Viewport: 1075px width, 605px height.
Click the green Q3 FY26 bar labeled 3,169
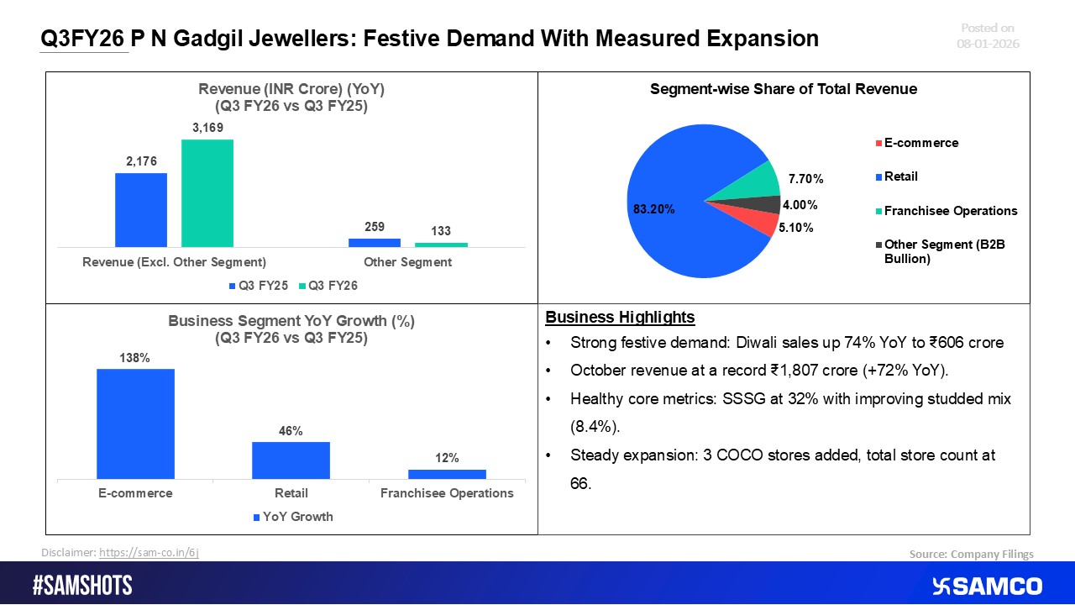click(207, 192)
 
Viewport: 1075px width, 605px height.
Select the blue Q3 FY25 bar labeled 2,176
click(141, 210)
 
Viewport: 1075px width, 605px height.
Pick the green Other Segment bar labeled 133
click(441, 245)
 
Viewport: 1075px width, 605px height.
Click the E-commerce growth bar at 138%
click(135, 423)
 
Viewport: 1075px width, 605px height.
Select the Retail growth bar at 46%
click(291, 460)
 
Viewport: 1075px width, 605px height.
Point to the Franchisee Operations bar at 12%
click(447, 474)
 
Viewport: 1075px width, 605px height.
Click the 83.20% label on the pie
click(652, 210)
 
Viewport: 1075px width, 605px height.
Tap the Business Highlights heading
click(620, 317)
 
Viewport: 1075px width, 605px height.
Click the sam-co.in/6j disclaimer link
click(149, 552)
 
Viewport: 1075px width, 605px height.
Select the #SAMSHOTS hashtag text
click(81, 586)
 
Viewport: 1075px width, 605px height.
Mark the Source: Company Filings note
click(971, 554)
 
